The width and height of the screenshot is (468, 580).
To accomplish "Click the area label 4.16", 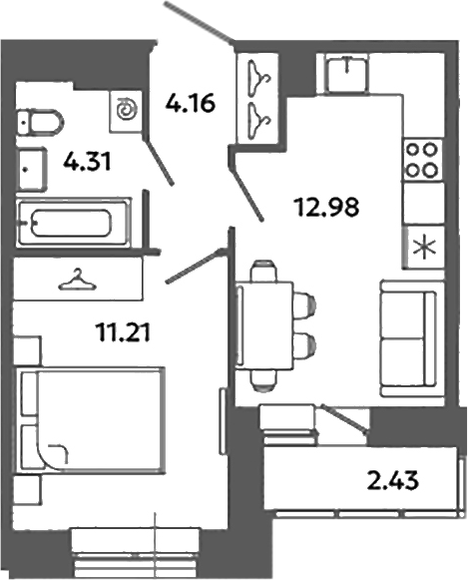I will (x=189, y=101).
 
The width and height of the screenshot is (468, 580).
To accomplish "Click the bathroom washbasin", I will (x=31, y=167).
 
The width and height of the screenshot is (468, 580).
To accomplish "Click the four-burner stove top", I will (x=422, y=159).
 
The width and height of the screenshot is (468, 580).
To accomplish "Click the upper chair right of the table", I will (x=303, y=301).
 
